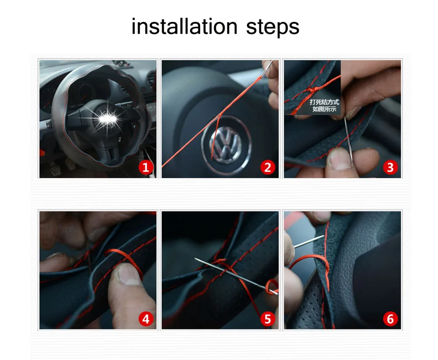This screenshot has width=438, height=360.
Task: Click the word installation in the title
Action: [x=184, y=27]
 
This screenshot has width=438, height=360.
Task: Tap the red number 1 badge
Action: [x=146, y=167]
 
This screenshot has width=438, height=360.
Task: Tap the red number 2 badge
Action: [x=268, y=167]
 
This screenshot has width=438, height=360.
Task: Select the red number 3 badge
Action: [x=390, y=167]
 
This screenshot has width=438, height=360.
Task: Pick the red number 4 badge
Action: [x=146, y=319]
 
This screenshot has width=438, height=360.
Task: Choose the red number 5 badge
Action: [x=268, y=319]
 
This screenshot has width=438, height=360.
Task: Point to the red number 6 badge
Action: [x=390, y=319]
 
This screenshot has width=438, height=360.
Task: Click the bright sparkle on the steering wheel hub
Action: [x=108, y=119]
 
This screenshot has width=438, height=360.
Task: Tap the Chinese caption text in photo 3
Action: [x=324, y=106]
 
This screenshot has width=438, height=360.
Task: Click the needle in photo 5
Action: [x=236, y=276]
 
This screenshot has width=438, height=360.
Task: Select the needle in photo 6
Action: [x=309, y=242]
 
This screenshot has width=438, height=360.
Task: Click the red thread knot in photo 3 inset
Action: [x=312, y=90]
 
